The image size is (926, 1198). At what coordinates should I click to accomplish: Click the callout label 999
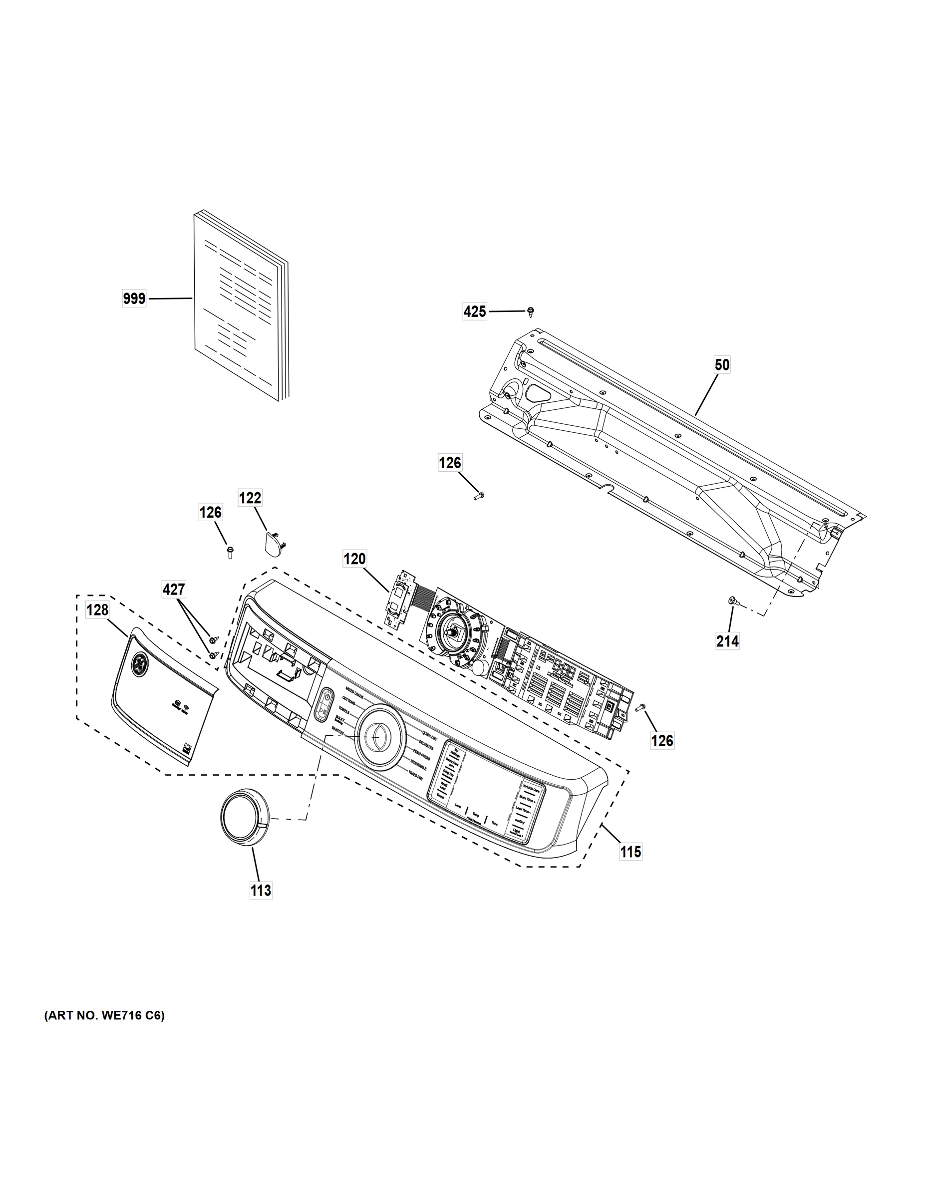click(x=134, y=299)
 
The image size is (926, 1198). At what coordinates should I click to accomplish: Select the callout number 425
click(x=475, y=311)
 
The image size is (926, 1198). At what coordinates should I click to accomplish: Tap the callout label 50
click(x=722, y=365)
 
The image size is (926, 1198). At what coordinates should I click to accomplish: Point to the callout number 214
click(x=727, y=641)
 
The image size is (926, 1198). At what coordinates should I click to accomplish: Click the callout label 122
click(x=250, y=498)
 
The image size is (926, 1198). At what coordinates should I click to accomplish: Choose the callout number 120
click(x=354, y=559)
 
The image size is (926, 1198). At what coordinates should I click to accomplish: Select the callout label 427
click(x=173, y=590)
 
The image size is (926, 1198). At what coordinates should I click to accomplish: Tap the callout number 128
click(x=98, y=609)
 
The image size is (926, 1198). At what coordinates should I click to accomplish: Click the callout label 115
click(x=631, y=852)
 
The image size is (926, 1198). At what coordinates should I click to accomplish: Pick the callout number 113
click(x=261, y=891)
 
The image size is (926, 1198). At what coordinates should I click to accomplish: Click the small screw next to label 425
click(x=531, y=311)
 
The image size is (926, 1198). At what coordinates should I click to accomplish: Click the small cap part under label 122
click(x=274, y=543)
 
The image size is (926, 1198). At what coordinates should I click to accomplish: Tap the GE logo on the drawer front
click(x=139, y=664)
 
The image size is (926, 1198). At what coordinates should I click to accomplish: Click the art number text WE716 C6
click(x=104, y=1015)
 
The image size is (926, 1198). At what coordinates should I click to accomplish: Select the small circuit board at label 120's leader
click(x=399, y=598)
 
